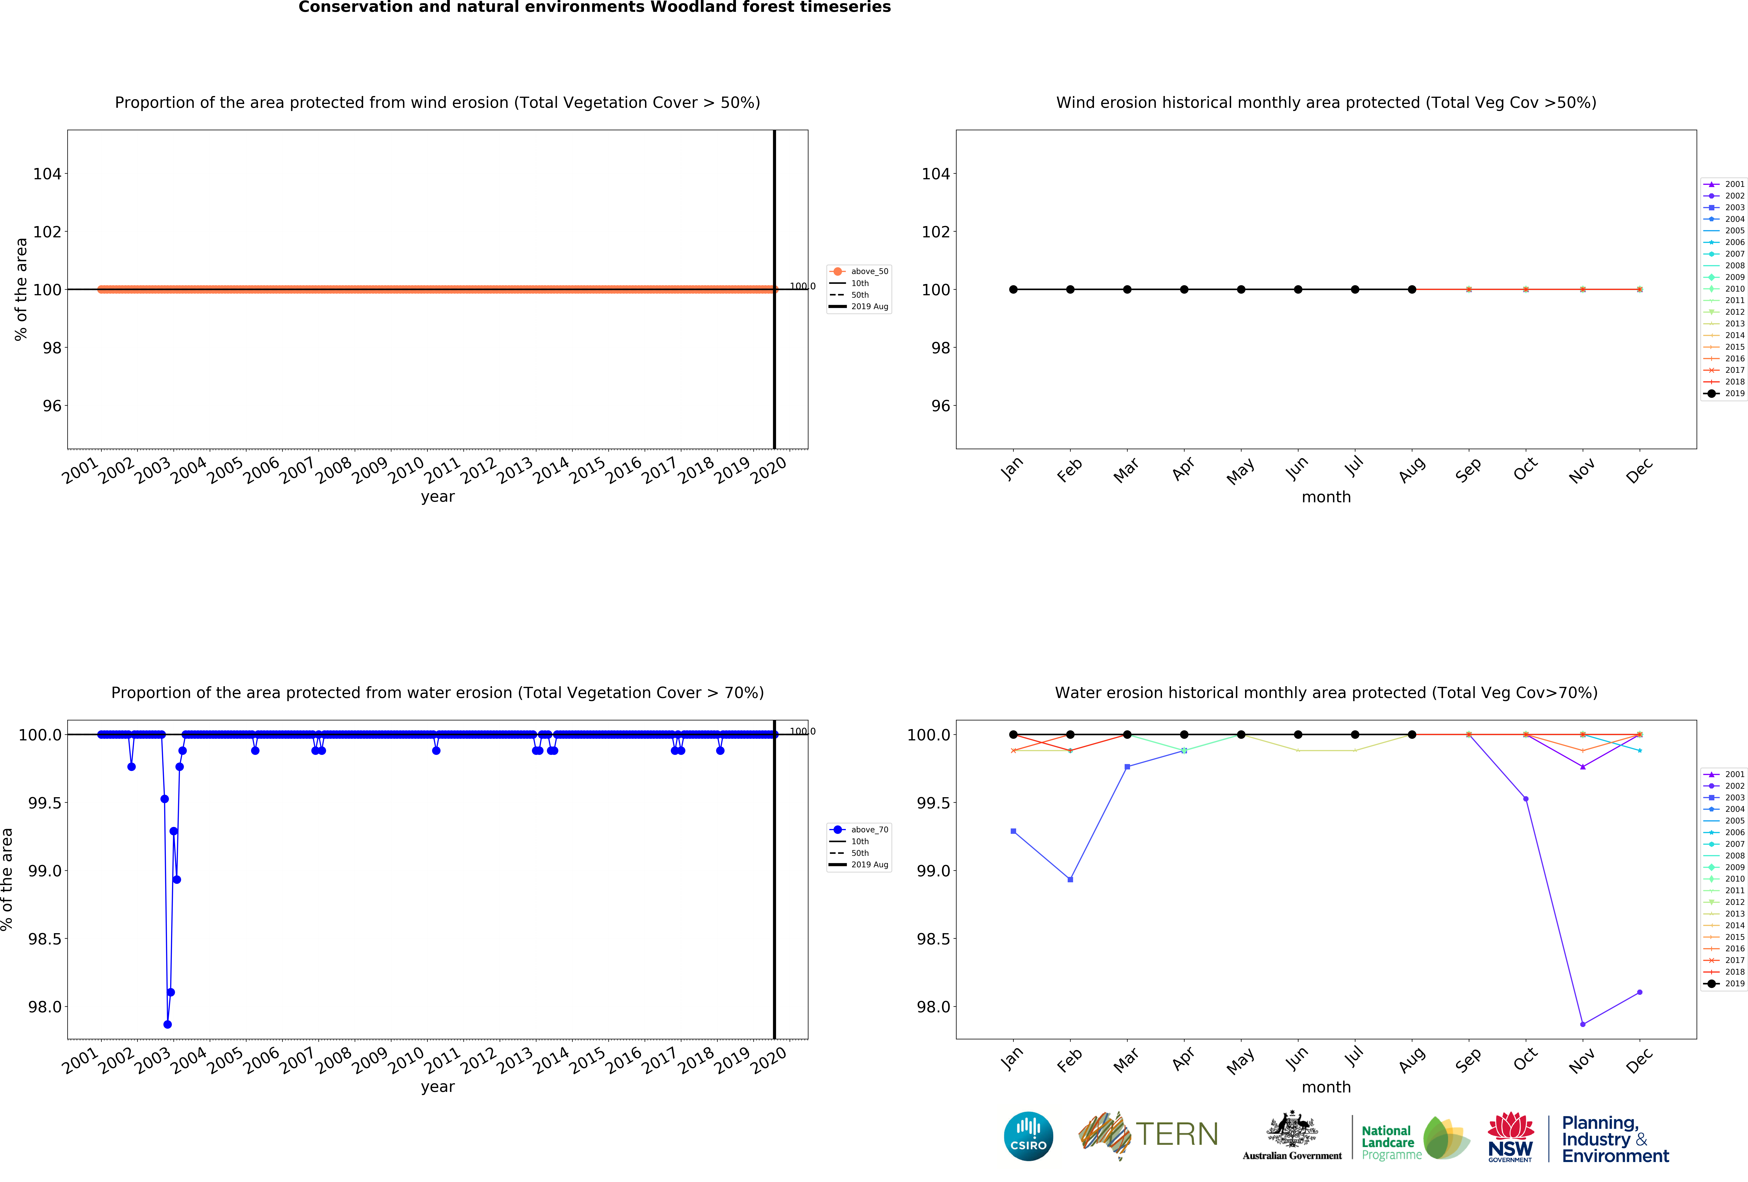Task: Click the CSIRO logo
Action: click(x=1028, y=1136)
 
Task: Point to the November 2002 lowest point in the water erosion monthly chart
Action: click(x=1583, y=1024)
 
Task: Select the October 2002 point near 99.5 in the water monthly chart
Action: click(x=1525, y=799)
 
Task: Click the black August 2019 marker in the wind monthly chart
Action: click(x=1412, y=290)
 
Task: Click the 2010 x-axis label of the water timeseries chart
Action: click(x=406, y=1061)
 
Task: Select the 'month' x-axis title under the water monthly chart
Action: click(x=1326, y=1087)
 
